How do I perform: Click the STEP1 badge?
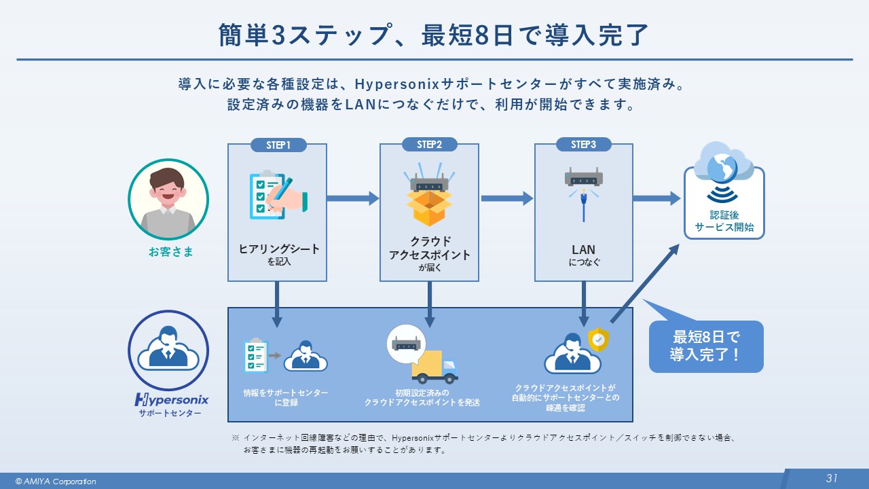point(278,145)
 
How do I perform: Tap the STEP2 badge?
point(429,145)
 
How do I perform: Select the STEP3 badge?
point(583,145)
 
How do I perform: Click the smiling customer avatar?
point(168,199)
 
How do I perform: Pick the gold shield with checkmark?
point(598,340)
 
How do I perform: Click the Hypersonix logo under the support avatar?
point(172,399)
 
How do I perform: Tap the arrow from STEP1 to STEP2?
point(353,198)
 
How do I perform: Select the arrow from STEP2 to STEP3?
point(506,198)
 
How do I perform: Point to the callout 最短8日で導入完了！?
point(706,346)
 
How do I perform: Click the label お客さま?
point(171,252)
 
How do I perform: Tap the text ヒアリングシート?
point(279,249)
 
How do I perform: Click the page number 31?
point(832,478)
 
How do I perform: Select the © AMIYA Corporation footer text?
point(56,482)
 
